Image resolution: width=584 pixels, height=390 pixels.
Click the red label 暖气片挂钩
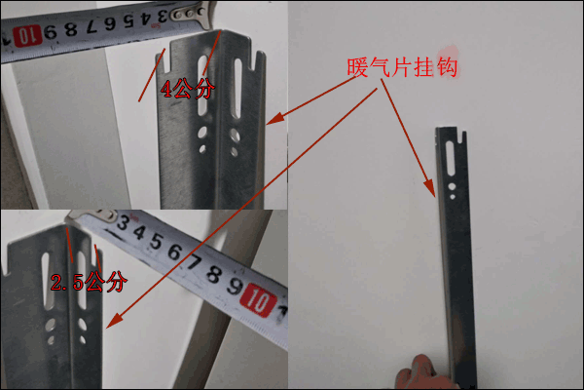401,68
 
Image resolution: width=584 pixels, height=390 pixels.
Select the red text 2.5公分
89,284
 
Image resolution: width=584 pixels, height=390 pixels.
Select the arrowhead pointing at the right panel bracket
428,187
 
